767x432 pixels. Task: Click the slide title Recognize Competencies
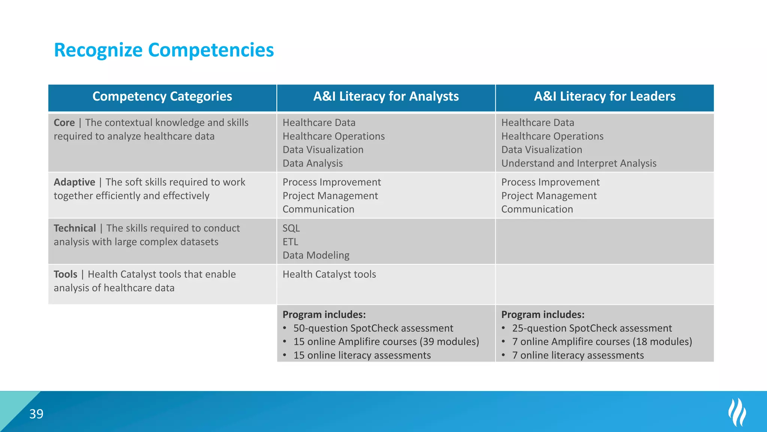[x=164, y=50]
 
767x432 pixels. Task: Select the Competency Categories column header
[x=162, y=96]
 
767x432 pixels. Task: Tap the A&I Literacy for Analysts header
[x=386, y=96]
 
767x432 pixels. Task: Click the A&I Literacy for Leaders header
[x=604, y=96]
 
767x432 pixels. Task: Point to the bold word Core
[x=64, y=123]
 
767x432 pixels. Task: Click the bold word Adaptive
[x=74, y=182]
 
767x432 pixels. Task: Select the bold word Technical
[x=75, y=228]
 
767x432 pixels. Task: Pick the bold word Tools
[x=65, y=274]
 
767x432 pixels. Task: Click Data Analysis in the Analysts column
[x=312, y=163]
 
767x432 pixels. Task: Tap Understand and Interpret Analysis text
[x=579, y=163]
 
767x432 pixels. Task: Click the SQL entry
[x=291, y=228]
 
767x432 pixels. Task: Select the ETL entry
[x=290, y=242]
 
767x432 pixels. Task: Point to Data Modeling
[x=316, y=255]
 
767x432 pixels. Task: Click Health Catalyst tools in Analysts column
[x=329, y=274]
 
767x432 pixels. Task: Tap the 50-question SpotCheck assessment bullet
[x=373, y=328]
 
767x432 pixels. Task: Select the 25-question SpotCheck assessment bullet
[x=592, y=328]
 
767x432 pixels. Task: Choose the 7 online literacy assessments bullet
[x=578, y=355]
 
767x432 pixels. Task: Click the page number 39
[x=36, y=414]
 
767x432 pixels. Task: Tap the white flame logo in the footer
[x=737, y=412]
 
